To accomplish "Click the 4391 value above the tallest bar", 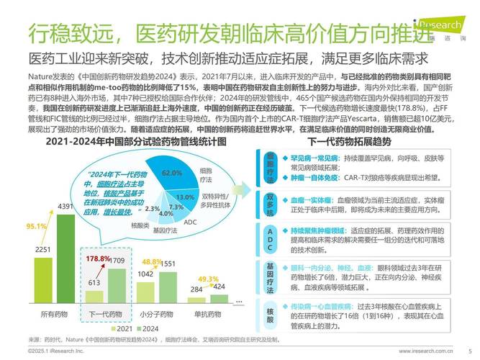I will point(65,207).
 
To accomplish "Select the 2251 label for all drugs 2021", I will point(42,250).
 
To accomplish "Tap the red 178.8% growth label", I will point(98,258).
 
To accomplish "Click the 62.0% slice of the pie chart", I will point(171,174).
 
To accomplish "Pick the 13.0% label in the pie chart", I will point(186,197).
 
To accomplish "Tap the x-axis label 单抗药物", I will point(208,314).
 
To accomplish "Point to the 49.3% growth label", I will point(208,279).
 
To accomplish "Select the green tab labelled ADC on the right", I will point(270,236).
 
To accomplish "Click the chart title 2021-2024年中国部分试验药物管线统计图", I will point(127,142).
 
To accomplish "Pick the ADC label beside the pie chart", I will point(190,222).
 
